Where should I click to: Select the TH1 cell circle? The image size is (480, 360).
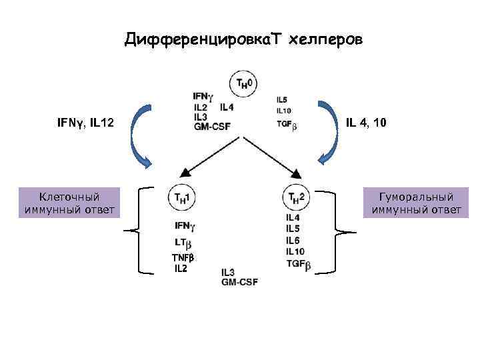tap(181, 197)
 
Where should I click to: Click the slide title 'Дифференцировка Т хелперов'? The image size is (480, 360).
tap(243, 41)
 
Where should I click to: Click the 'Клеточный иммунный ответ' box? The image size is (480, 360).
tap(70, 203)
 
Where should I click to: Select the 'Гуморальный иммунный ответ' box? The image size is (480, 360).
tap(416, 203)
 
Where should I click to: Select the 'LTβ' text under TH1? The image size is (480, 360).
tap(183, 244)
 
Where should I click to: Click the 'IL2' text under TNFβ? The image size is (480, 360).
tap(181, 269)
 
